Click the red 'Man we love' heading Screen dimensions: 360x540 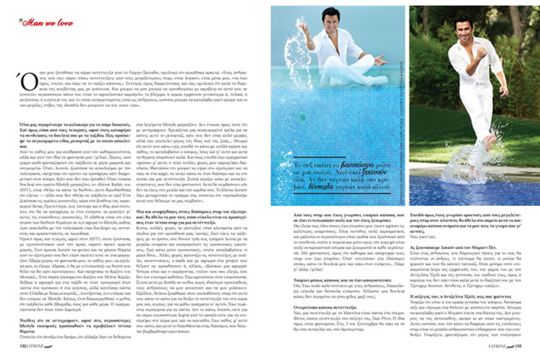tap(41, 21)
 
